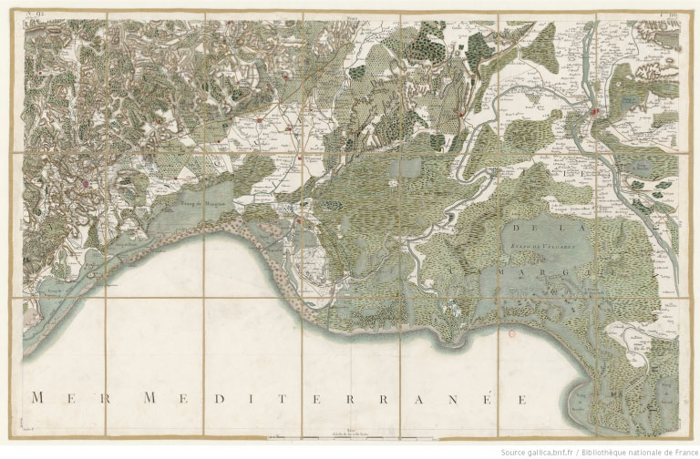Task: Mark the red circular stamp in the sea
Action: (510, 334)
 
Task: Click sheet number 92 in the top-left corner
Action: (37, 12)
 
